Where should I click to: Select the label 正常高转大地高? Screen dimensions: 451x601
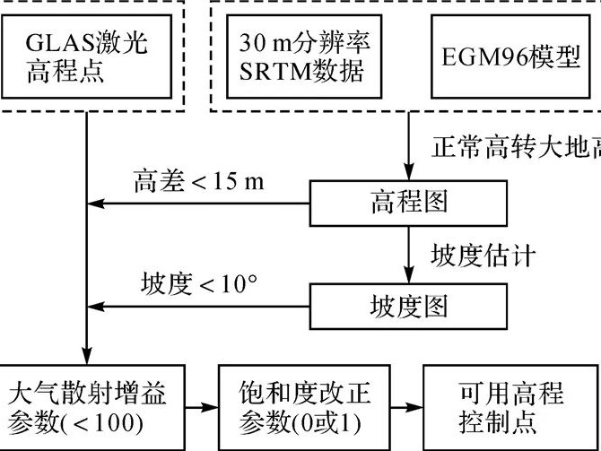[x=516, y=143]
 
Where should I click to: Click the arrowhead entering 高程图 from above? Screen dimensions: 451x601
[x=409, y=173]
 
